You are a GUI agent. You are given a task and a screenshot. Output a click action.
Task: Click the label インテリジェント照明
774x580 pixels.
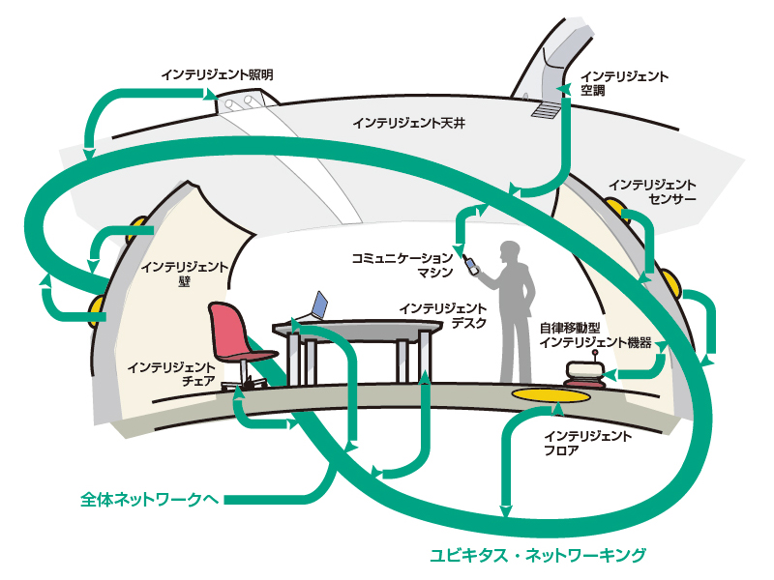(218, 73)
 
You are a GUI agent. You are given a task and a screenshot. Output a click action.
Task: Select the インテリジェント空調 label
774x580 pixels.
(624, 82)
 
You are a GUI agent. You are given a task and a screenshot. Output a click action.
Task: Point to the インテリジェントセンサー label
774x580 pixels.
(653, 190)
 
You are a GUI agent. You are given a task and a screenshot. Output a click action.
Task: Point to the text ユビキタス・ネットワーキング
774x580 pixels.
(537, 555)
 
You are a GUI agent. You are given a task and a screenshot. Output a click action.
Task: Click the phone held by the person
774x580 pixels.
(471, 264)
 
